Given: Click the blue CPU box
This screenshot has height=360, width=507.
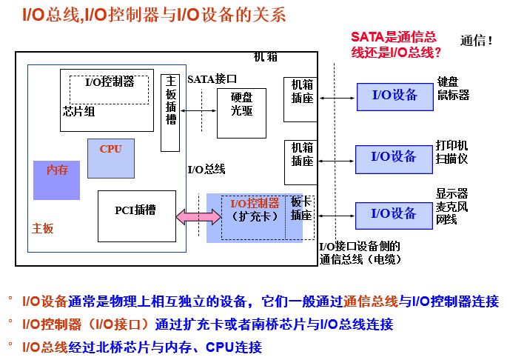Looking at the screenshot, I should [x=111, y=159].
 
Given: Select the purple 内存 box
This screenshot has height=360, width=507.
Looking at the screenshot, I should [x=56, y=180].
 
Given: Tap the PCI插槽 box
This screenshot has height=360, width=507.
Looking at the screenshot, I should [x=137, y=210].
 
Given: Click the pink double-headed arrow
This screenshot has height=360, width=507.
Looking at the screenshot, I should [x=198, y=216].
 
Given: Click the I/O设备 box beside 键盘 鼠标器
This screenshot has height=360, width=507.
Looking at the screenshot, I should [x=394, y=95].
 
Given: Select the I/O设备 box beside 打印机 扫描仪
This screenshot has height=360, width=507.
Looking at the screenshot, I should [x=394, y=156].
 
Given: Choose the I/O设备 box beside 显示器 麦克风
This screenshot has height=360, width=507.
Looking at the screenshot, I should [x=394, y=213].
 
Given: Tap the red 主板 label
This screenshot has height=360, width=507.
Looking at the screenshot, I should [x=43, y=229].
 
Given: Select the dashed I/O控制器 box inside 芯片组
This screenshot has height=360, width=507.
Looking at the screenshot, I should [x=109, y=88].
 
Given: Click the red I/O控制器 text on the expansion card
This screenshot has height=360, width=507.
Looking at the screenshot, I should [x=255, y=203].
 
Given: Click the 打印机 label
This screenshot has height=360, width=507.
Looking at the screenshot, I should [x=452, y=145].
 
